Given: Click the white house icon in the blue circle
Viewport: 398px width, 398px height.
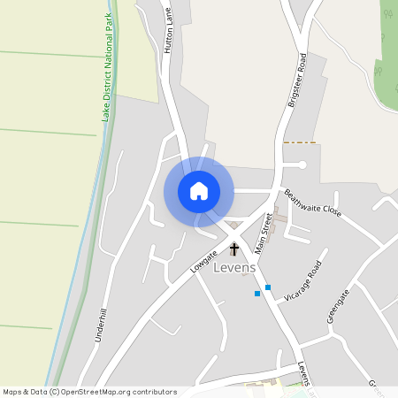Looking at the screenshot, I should (199, 191).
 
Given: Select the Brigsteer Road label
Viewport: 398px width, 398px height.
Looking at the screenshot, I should (296, 80).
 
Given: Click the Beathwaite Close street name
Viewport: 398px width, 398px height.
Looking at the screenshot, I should (311, 204).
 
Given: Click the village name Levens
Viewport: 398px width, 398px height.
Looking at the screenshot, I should (234, 268).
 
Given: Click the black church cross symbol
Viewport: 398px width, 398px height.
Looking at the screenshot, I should (233, 249).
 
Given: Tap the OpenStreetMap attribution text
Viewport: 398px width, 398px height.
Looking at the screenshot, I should (89, 392).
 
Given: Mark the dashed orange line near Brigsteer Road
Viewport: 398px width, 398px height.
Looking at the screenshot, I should (300, 142).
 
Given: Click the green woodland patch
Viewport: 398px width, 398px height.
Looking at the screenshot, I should (388, 44).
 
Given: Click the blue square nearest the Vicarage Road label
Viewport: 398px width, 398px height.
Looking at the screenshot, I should (268, 287).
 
